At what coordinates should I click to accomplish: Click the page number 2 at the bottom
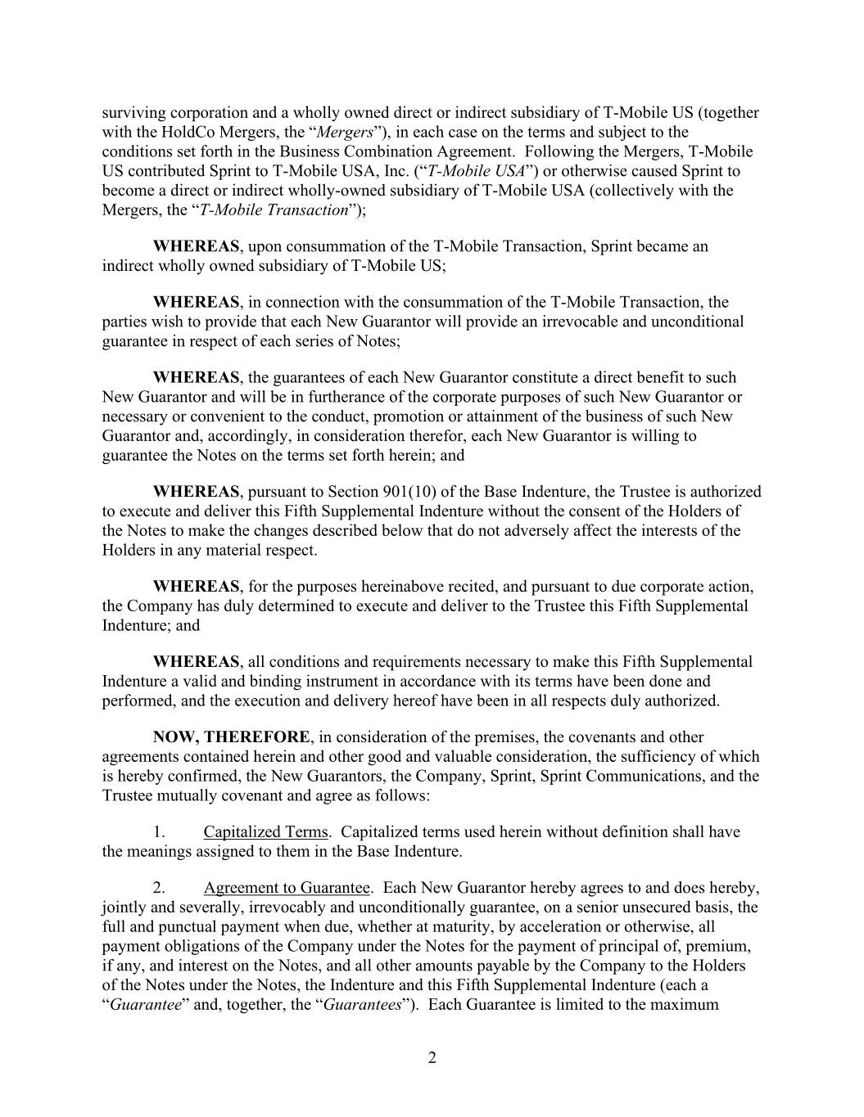[432, 1058]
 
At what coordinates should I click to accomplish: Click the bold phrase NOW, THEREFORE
[231, 737]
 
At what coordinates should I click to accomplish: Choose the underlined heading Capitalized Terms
[265, 832]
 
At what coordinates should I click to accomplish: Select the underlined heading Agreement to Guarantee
[287, 888]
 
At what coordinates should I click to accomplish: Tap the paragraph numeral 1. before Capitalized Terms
[160, 832]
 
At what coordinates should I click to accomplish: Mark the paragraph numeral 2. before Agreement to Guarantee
[160, 888]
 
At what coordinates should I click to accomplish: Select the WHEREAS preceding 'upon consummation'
[196, 246]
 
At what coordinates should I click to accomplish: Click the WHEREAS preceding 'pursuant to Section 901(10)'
[196, 492]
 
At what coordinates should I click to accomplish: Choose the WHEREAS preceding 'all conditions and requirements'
[196, 662]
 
